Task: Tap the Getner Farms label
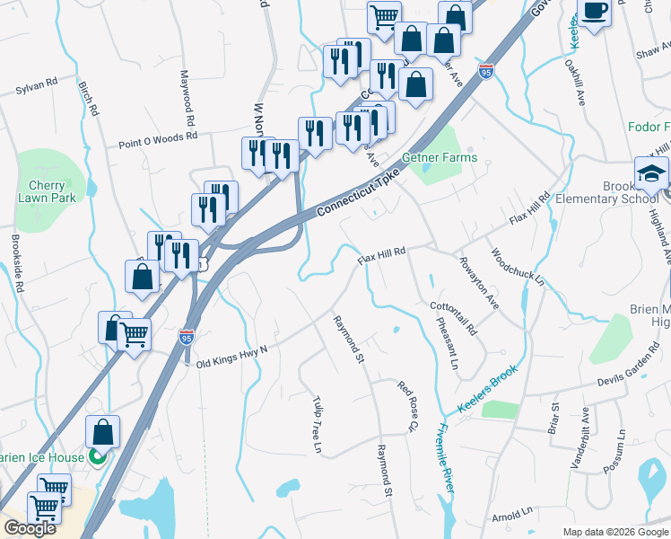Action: point(440,157)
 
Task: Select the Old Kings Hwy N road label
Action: point(232,350)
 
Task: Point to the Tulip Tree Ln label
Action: point(317,422)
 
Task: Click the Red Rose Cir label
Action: point(409,409)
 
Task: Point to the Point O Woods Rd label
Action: point(157,139)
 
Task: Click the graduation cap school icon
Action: point(651,173)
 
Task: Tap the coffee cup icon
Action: point(594,11)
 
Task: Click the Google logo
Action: point(30,528)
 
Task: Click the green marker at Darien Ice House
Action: point(98,457)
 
